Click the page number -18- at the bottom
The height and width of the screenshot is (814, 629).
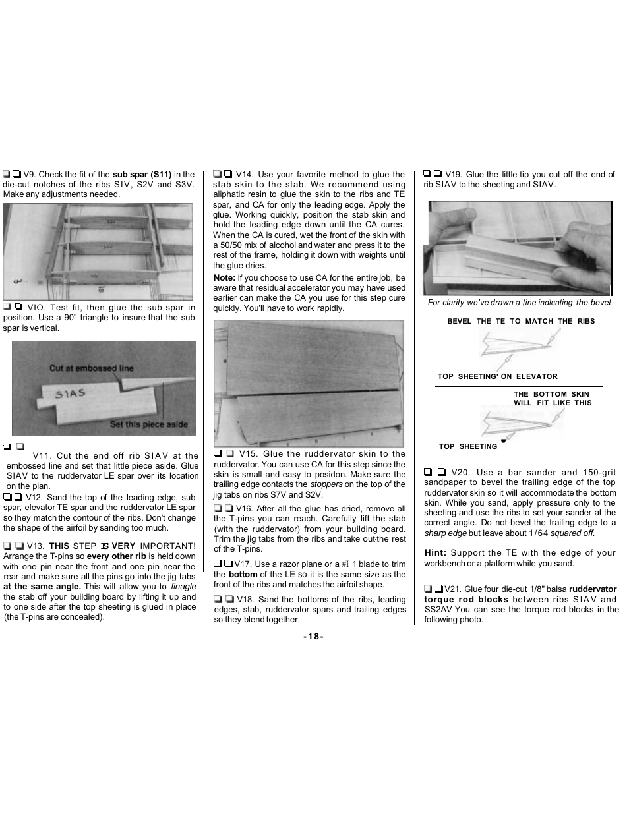313,637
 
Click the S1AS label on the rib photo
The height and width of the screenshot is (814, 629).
70,394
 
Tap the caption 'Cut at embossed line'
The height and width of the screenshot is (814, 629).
91,368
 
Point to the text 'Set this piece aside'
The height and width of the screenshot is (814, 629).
148,424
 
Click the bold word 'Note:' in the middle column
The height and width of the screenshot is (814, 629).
224,278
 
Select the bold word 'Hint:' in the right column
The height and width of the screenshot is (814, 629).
435,553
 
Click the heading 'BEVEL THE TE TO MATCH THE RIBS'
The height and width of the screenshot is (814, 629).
520,322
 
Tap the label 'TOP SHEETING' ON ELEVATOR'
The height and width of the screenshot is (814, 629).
497,377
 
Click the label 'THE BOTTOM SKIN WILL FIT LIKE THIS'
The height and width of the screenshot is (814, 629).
552,399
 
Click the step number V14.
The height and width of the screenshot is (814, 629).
244,175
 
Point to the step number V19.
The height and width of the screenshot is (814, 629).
453,175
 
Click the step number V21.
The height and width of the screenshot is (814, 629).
452,589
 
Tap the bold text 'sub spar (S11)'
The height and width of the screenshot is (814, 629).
142,175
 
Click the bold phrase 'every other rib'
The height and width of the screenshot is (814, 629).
116,556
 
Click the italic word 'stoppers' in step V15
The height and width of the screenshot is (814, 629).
326,484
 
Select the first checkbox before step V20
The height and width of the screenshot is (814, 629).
428,472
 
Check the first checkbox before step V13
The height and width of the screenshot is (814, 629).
7,546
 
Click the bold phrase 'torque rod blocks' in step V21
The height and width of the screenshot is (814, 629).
466,600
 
